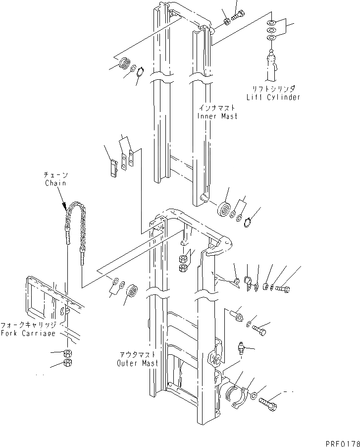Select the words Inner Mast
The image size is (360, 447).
point(217,116)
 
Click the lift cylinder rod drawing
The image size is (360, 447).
point(272,64)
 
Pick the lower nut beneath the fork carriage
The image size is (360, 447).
point(69,364)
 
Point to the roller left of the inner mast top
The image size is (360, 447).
point(123,64)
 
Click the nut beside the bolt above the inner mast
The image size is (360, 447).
point(226,21)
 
